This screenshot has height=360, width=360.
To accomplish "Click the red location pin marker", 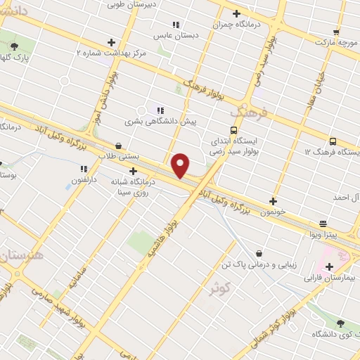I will coord(181,165).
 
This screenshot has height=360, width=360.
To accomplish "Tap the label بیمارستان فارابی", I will coord(328,278).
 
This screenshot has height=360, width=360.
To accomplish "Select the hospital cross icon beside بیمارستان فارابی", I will coord(329,266).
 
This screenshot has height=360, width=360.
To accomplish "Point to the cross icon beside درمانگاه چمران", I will coord(236,13).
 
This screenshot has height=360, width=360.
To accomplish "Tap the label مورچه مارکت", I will coord(336,43).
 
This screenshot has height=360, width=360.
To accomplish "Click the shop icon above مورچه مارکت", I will coord(336,32).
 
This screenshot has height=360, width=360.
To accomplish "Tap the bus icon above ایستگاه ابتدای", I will coord(233,130).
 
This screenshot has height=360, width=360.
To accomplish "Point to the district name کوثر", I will coord(219,288).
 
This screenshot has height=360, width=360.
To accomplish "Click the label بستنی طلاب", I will coord(119,156).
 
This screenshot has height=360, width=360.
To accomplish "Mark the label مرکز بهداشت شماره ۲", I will coord(111,53).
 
